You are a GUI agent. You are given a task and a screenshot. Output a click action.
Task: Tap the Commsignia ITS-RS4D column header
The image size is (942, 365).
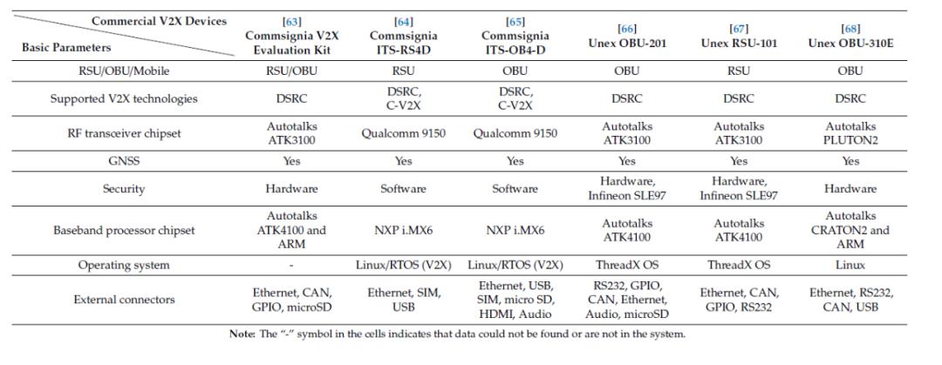pos(403,42)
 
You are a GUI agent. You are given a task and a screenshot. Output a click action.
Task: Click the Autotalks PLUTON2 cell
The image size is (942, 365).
pos(850,132)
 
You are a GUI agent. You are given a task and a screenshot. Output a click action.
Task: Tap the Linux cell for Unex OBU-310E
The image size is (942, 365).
pos(850,265)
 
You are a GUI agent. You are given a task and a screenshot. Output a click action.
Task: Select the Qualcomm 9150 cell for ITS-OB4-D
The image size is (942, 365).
pos(515,132)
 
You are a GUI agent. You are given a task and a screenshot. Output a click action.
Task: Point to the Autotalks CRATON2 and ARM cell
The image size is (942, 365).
pos(850,230)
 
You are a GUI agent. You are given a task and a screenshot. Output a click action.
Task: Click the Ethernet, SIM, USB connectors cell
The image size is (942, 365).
pos(403,300)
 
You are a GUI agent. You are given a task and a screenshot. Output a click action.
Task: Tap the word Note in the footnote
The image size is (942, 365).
pos(241,335)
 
